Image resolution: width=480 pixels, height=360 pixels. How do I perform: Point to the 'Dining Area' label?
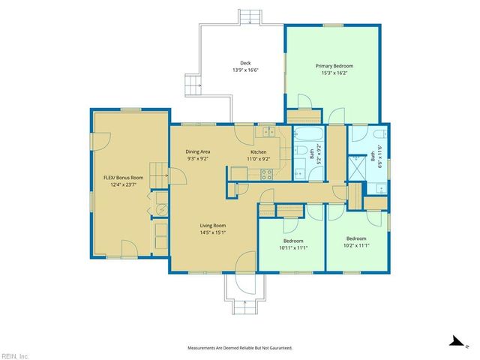coord(198,152)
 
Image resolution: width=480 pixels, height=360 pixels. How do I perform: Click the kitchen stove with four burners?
coord(265,175)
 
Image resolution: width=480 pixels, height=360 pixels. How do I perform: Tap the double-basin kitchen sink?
coord(266,133)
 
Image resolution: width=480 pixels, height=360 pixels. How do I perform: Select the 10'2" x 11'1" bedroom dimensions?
coord(356,245)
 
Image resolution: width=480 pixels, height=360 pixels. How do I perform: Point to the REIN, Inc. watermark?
coord(15,355)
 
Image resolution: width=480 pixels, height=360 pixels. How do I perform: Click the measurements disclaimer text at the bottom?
coord(239,348)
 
